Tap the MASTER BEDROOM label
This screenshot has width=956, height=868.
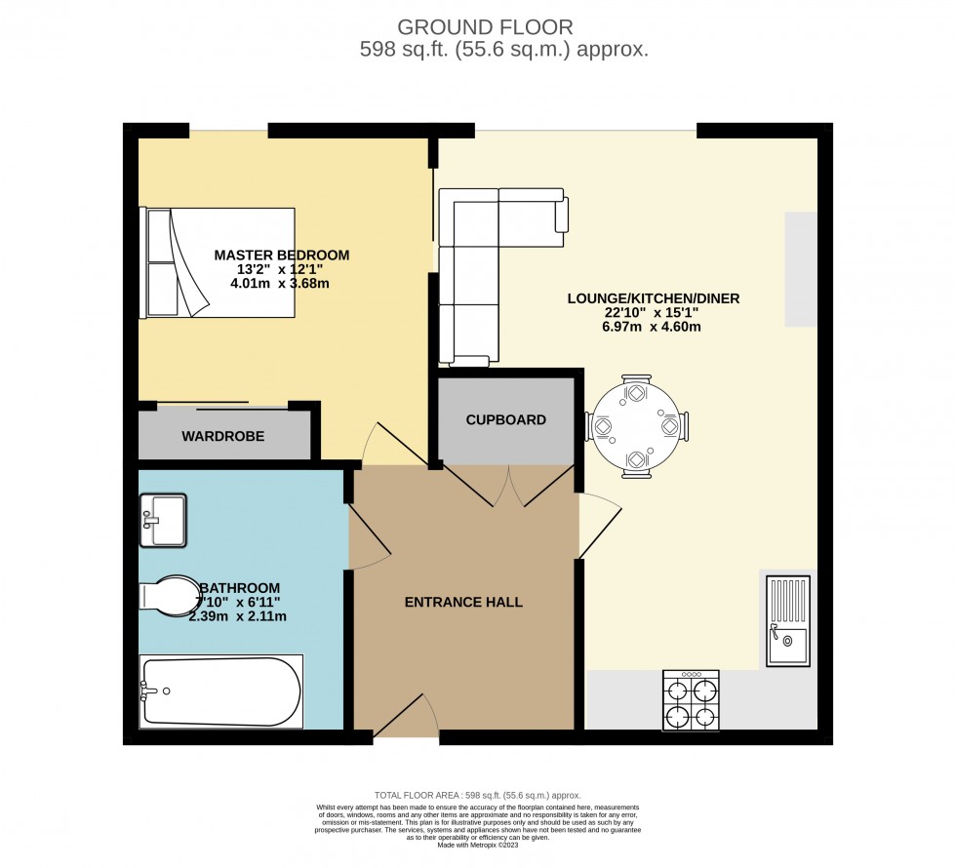pos(281,256)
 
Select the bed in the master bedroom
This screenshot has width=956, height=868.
pos(219,262)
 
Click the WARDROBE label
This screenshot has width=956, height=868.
pos(222,437)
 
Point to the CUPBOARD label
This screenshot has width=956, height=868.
pos(505,420)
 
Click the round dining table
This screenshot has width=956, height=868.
pos(636,427)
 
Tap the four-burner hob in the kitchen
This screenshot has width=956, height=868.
pos(691,700)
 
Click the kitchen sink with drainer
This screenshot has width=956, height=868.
pos(788,621)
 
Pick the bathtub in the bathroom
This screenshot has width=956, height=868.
pos(221,691)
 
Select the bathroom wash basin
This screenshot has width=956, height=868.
pos(163,520)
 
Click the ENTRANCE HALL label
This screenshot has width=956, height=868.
pos(463,603)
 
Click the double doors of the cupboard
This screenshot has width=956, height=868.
pos(509,486)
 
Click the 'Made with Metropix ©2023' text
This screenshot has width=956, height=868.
pos(477,844)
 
